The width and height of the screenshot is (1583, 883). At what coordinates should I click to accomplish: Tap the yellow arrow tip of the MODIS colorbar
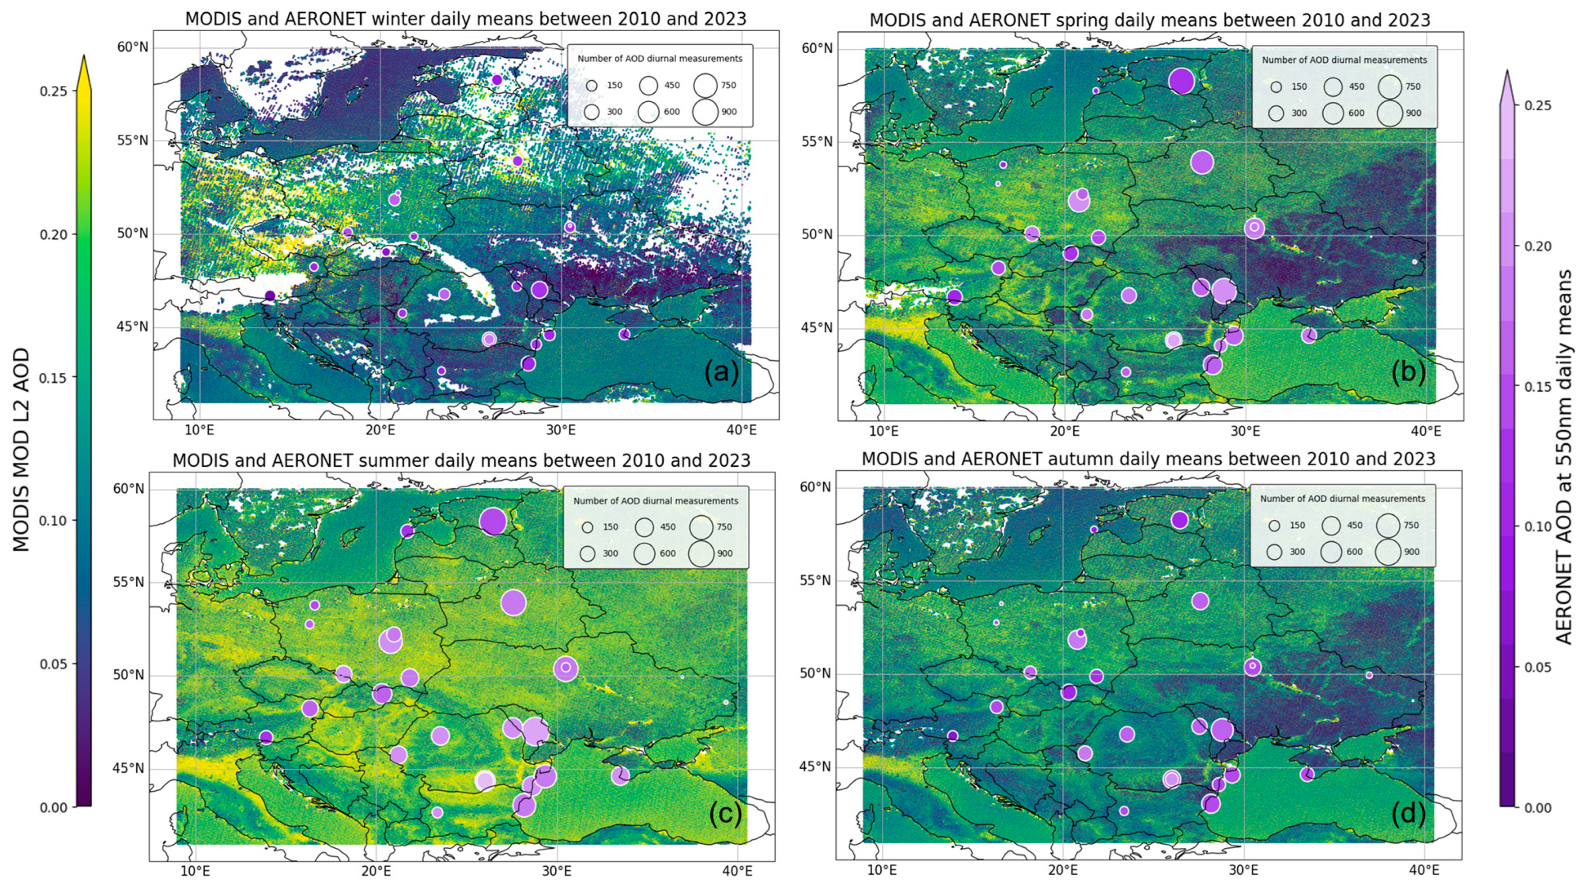[84, 61]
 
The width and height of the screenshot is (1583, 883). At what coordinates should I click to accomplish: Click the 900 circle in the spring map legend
[1390, 114]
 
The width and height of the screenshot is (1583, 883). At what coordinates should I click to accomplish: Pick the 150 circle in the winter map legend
[592, 85]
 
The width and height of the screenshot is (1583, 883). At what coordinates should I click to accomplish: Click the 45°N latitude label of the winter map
[133, 326]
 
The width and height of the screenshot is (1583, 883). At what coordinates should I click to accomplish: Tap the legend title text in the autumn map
[1343, 499]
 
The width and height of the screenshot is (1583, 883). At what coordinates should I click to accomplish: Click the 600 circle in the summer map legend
[645, 553]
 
